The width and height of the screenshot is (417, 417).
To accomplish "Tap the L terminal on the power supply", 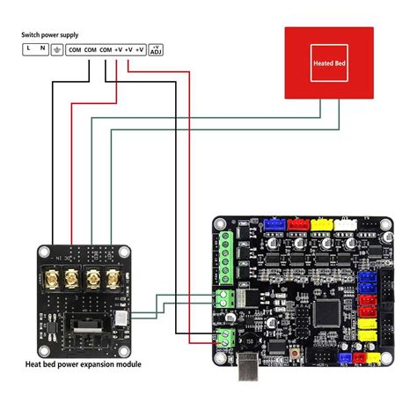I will tap(29, 50).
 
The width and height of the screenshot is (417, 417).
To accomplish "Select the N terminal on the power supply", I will tap(43, 50).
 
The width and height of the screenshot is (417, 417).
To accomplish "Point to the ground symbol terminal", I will tap(58, 50).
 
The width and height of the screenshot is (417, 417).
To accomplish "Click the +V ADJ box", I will tap(156, 50).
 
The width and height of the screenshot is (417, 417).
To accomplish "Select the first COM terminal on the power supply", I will tap(77, 50).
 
